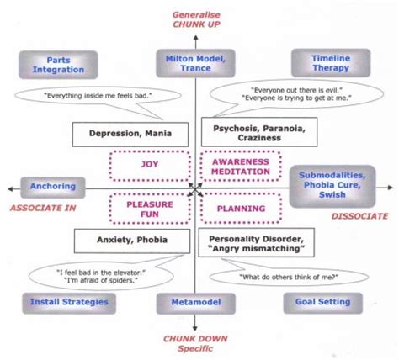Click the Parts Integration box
click(x=52, y=64)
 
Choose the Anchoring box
click(x=52, y=186)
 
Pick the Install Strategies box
click(x=56, y=300)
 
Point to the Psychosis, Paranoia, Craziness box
click(x=253, y=132)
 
